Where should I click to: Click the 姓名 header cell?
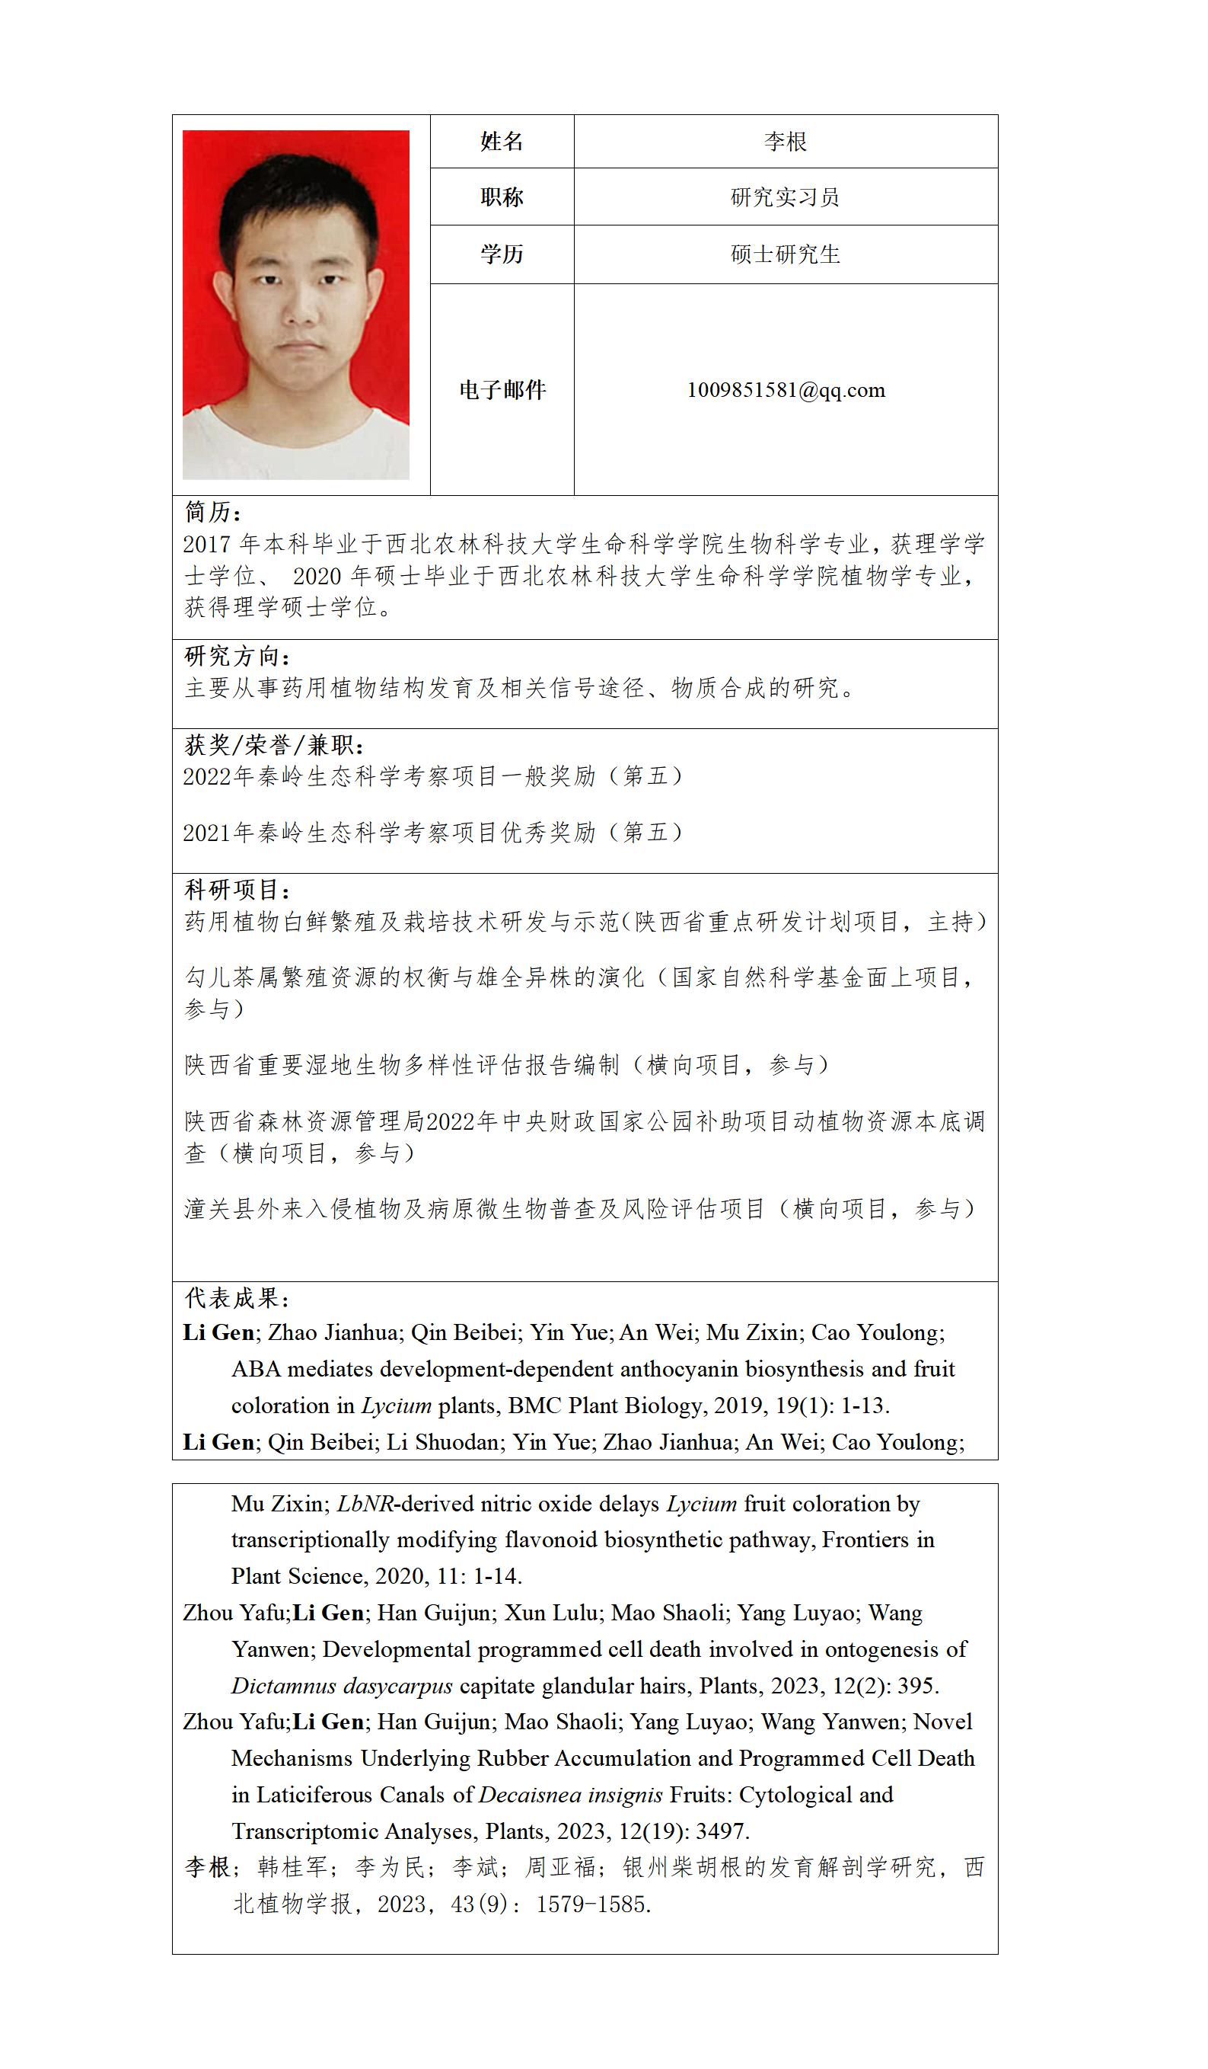[502, 141]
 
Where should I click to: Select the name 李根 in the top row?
[786, 141]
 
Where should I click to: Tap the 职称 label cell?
[502, 197]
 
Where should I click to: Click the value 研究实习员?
[786, 197]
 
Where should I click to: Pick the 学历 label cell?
[502, 254]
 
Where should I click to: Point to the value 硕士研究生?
[786, 254]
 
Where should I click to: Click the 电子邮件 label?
[502, 389]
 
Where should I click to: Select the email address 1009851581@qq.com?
[786, 390]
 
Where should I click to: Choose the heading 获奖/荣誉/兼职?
[274, 745]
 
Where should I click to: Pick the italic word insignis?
[624, 1795]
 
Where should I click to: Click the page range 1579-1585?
[592, 1904]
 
